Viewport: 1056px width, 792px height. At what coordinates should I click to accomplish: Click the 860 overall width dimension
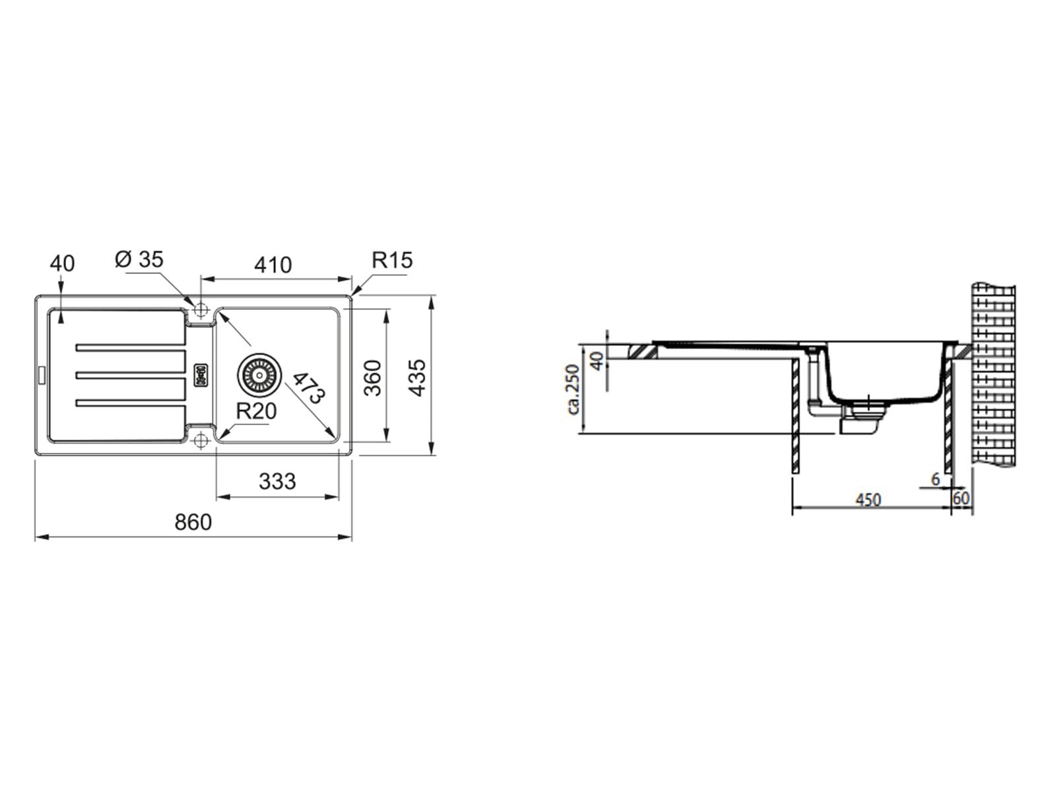click(193, 522)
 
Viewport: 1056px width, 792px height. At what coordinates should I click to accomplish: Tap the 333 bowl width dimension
click(277, 481)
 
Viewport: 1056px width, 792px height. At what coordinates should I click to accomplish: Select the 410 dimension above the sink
click(273, 265)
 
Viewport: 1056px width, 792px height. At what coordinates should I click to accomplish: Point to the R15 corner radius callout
click(392, 260)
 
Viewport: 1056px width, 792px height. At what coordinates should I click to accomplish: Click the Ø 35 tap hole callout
click(139, 259)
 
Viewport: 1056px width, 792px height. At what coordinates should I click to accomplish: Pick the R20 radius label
click(257, 411)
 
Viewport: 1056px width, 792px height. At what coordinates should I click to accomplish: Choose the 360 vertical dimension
click(372, 378)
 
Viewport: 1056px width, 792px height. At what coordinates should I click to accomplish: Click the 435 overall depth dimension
click(417, 378)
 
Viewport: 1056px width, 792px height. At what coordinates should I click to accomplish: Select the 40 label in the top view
click(63, 263)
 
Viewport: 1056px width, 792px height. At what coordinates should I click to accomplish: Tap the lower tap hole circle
click(201, 440)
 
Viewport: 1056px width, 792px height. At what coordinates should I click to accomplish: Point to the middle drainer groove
click(131, 375)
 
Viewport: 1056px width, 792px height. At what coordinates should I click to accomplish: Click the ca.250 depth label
click(573, 389)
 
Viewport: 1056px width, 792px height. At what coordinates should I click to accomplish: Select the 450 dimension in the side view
click(868, 500)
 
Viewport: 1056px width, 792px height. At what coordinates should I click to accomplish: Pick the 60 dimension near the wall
click(961, 498)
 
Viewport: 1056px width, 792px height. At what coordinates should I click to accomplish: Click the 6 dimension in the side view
click(935, 479)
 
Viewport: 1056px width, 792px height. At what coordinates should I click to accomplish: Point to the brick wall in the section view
click(993, 375)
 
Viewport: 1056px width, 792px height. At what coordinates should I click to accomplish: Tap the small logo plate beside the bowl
click(201, 374)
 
